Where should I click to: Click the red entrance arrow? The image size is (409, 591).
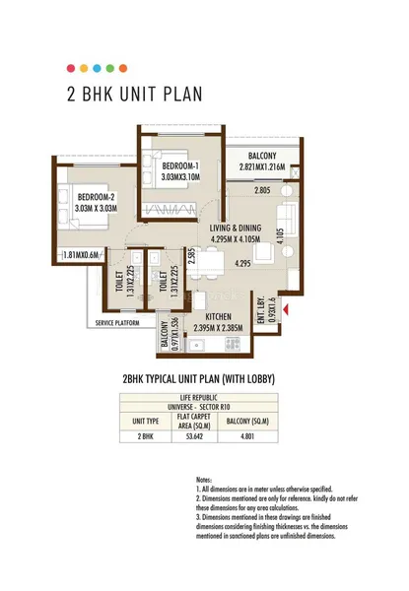coord(285,311)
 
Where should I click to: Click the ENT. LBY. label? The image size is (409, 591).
coord(261,307)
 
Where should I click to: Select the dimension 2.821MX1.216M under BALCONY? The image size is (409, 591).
coord(254,168)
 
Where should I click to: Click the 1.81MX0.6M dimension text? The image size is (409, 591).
coord(82,255)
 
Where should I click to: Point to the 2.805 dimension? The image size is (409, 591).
coord(261,189)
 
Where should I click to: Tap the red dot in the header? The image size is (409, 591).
coord(69,68)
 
